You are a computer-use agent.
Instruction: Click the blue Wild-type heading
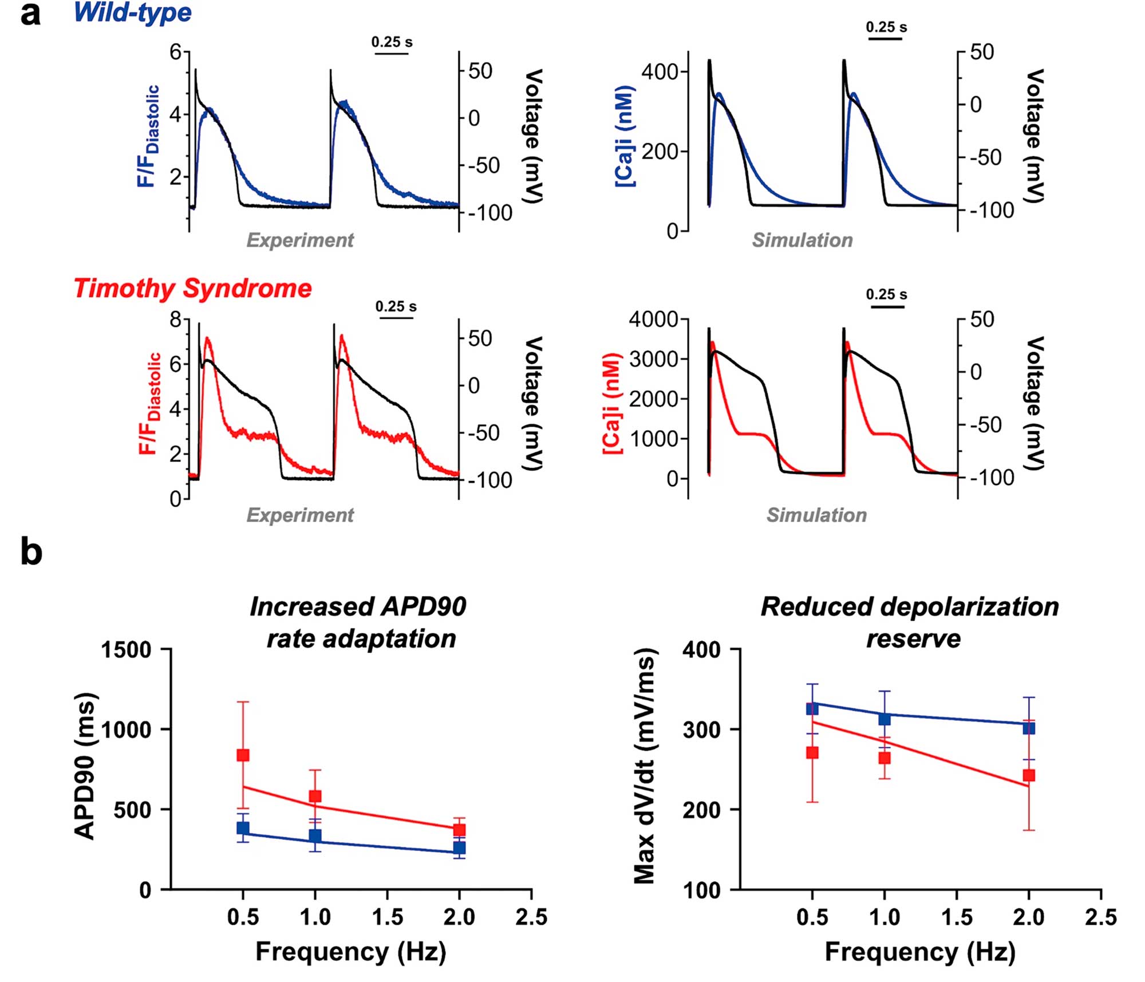[x=133, y=13]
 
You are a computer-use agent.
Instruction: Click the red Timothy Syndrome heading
[x=193, y=289]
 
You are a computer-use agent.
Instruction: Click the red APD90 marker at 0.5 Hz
[x=243, y=755]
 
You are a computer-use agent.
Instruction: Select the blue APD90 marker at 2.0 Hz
[x=459, y=847]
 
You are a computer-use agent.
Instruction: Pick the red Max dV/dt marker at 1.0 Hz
[x=885, y=758]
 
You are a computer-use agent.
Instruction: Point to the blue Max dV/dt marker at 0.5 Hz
[x=812, y=709]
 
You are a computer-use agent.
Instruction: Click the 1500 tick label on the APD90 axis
[x=126, y=650]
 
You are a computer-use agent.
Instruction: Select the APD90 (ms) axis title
[x=86, y=767]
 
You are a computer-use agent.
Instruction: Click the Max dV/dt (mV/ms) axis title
[x=645, y=767]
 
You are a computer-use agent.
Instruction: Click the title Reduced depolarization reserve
[x=910, y=622]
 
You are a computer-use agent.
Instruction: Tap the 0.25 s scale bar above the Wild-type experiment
[x=392, y=53]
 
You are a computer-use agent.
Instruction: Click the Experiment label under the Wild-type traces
[x=300, y=240]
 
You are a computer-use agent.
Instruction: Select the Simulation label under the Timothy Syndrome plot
[x=816, y=515]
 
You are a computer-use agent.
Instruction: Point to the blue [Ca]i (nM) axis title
[x=625, y=136]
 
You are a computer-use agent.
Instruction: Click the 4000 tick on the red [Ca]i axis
[x=653, y=320]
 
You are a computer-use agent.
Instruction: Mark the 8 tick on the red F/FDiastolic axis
[x=175, y=320]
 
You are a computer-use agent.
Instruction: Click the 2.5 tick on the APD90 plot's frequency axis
[x=531, y=917]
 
